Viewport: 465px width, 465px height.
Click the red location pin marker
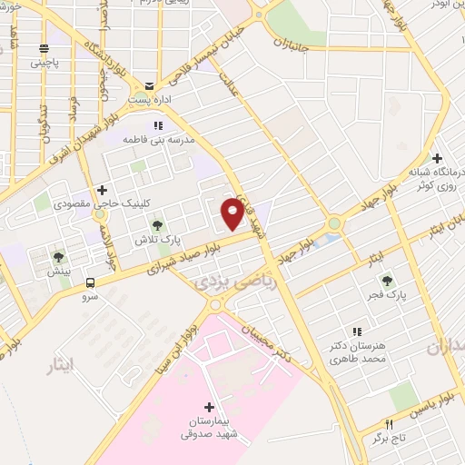tap(232, 213)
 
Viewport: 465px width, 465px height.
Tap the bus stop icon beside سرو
tap(90, 282)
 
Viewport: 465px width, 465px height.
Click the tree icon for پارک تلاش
tap(157, 224)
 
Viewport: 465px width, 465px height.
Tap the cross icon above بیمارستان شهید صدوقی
tap(211, 406)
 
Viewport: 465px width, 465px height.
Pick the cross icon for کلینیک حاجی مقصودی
tap(103, 190)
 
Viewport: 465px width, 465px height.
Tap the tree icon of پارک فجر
tap(389, 281)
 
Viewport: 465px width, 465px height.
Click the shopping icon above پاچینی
tap(43, 50)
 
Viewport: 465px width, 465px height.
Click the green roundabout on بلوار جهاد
tap(334, 223)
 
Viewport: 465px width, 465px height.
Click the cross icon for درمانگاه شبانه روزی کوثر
tap(438, 156)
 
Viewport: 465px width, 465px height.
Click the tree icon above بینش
tap(59, 257)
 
